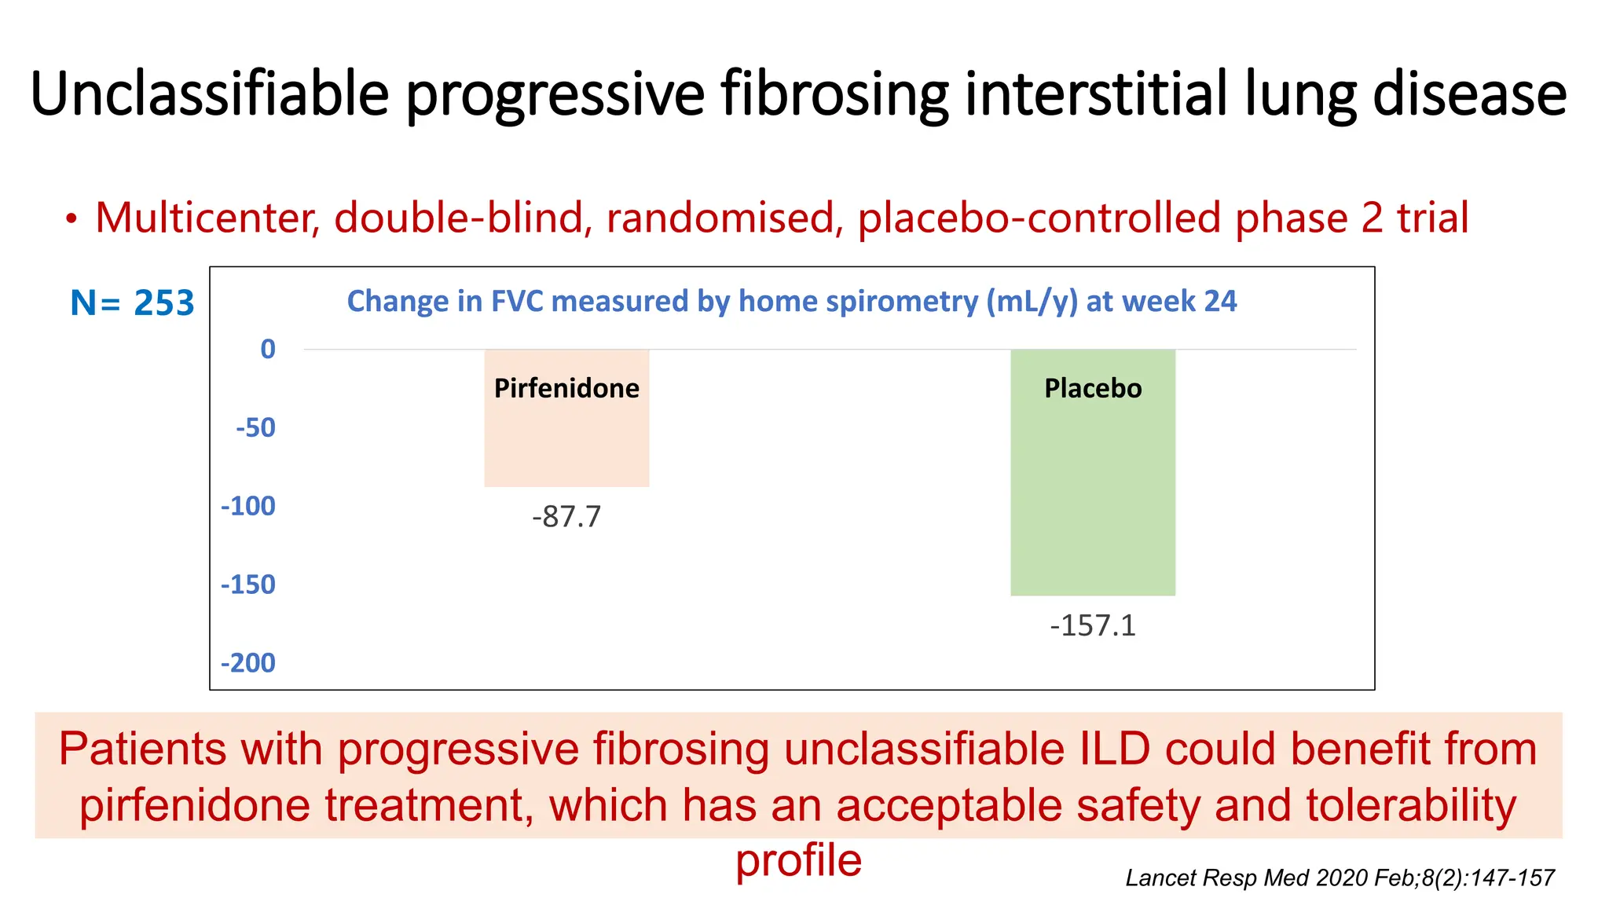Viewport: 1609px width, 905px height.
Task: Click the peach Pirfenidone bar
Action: tap(566, 440)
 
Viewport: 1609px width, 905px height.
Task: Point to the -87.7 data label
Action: tap(566, 517)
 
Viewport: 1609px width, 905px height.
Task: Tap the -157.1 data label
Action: tap(1093, 626)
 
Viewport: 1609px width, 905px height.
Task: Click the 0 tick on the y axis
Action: tap(268, 349)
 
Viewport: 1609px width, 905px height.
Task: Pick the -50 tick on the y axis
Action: tap(256, 427)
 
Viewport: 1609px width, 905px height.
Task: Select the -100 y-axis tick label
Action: tap(248, 506)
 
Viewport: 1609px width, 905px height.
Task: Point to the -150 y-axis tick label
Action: tap(248, 584)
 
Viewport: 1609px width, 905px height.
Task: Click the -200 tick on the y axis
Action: tap(248, 663)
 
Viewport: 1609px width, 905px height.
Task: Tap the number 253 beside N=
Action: tap(163, 303)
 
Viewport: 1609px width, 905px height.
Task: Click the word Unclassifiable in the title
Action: tap(210, 94)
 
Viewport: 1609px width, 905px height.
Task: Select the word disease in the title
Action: tap(1469, 94)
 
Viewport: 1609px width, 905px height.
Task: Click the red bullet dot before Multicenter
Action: tap(71, 219)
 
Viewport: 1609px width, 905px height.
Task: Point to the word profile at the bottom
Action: tap(798, 861)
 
